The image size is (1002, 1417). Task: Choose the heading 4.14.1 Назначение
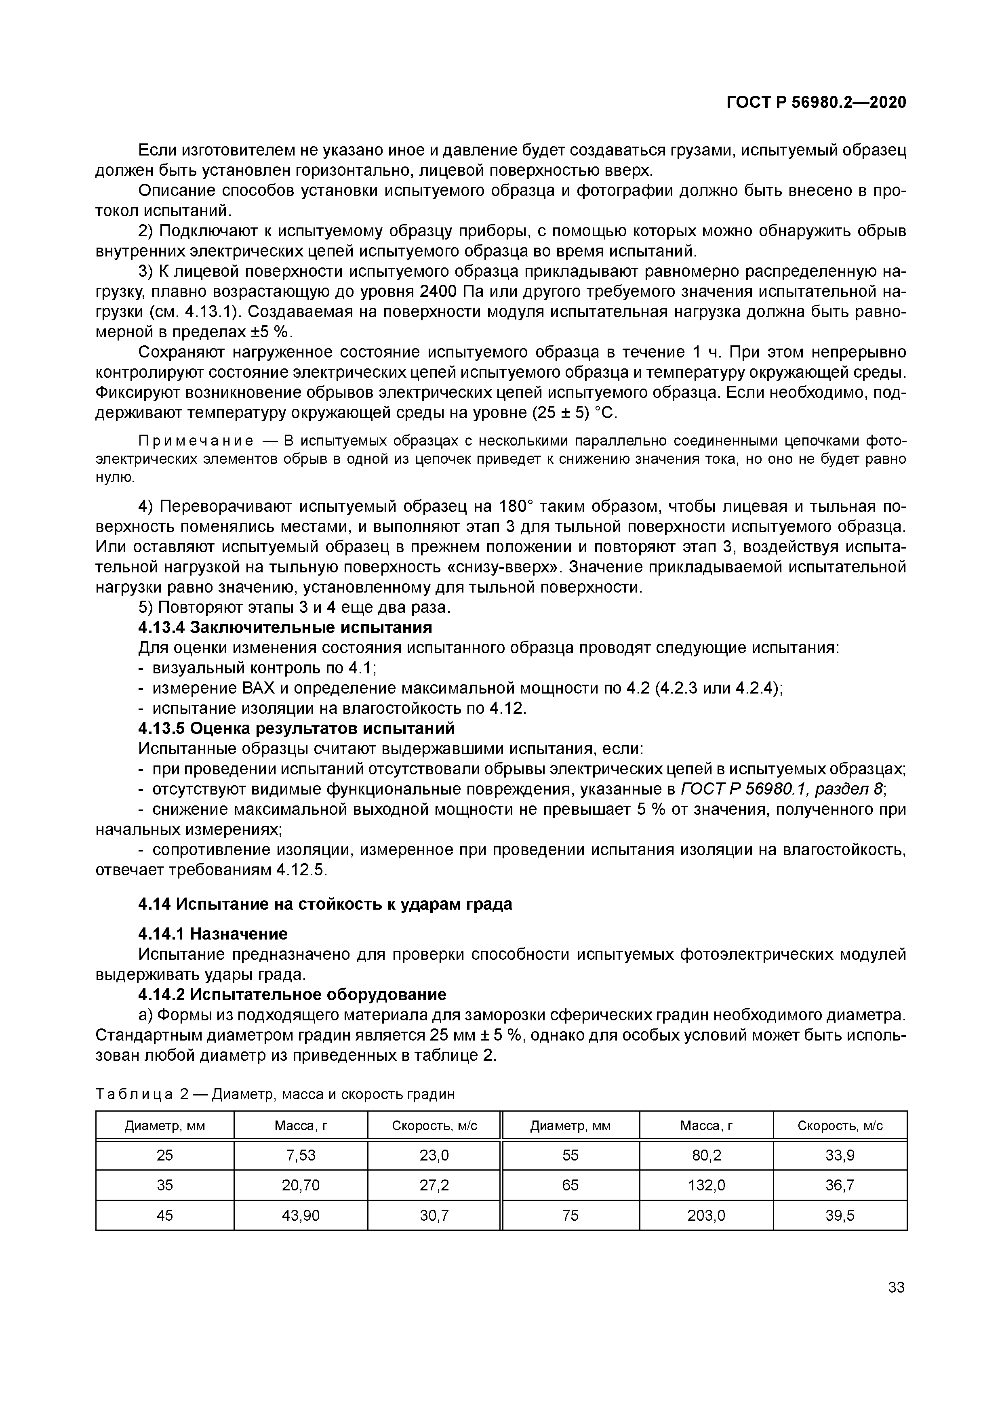213,934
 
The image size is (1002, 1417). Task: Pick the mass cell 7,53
301,1155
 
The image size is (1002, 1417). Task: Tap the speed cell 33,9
840,1155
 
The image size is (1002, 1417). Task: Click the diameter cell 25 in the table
165,1155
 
